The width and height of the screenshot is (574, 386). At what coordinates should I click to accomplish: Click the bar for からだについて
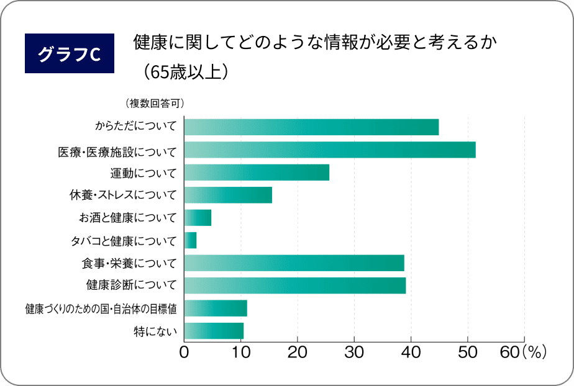point(311,127)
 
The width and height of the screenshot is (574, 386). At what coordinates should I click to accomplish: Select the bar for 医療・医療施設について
point(330,150)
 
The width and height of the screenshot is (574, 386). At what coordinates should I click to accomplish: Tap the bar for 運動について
point(257,173)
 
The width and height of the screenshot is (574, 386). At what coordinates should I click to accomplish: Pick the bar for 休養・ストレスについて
point(228,195)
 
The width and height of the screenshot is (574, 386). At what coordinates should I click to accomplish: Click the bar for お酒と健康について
point(198,218)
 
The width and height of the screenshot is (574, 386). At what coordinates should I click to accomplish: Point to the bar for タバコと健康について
point(191,240)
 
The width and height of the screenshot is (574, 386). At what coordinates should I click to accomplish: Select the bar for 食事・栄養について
point(294,263)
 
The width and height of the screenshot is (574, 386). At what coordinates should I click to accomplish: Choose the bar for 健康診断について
point(295,285)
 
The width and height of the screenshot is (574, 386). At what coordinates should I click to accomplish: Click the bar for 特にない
point(214,331)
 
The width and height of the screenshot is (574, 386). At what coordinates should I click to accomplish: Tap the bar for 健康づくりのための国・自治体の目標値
point(216,308)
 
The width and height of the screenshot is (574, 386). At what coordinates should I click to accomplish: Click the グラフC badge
point(69,53)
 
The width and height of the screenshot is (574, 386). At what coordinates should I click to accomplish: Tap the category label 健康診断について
point(132,286)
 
